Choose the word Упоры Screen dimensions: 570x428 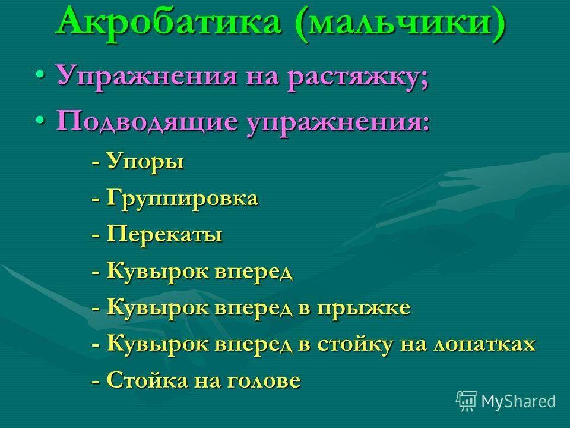(145, 162)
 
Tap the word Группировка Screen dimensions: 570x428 (182, 199)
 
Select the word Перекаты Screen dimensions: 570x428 (164, 235)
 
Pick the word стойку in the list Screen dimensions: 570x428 (354, 345)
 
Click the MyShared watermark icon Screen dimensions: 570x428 (467, 401)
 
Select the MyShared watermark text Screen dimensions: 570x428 (518, 402)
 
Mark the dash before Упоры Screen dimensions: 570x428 (96, 163)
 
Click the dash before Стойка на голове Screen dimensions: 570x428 (96, 382)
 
